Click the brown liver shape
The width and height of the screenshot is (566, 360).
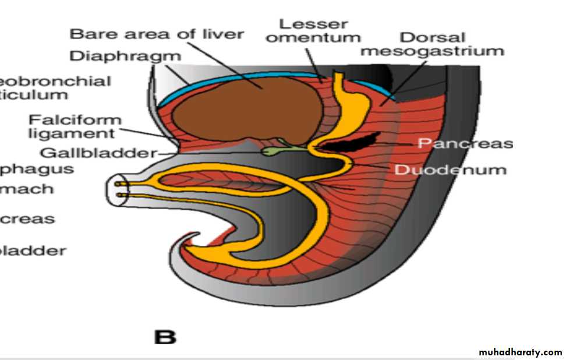click(x=245, y=111)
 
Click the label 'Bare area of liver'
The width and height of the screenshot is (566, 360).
click(x=157, y=34)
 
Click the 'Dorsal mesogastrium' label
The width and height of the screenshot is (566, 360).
click(x=431, y=44)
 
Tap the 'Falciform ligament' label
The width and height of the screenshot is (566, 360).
click(x=76, y=126)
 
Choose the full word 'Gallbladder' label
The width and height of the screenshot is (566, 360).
click(x=99, y=153)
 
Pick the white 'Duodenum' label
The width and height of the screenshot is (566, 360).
click(x=451, y=170)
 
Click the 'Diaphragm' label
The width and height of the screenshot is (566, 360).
click(x=125, y=57)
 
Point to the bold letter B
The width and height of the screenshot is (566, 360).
click(x=164, y=337)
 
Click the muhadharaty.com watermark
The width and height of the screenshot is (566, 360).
click(x=520, y=352)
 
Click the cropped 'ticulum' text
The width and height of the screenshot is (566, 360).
click(x=34, y=94)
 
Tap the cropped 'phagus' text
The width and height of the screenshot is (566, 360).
click(x=37, y=170)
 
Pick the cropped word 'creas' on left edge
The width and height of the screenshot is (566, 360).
click(x=27, y=220)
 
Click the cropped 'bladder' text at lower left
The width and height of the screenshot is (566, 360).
click(x=33, y=251)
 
